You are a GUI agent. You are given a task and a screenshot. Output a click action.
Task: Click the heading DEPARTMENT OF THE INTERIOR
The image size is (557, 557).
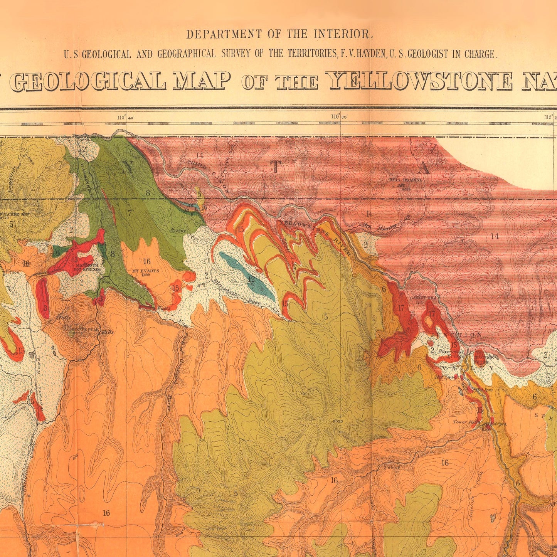(280, 34)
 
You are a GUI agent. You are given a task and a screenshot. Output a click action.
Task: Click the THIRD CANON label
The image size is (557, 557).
(208, 176)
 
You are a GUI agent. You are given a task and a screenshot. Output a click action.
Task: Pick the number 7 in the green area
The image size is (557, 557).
(130, 212)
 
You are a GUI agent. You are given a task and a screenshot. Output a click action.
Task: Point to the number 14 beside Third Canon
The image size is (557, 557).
(199, 155)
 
